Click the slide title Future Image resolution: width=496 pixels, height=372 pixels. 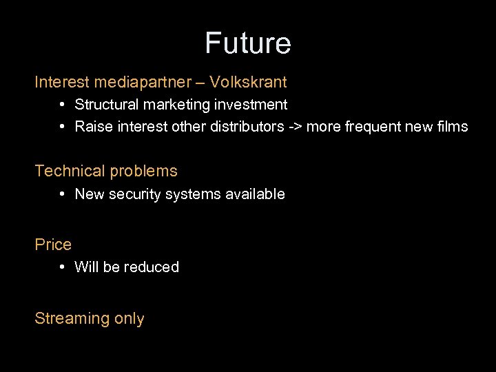[x=248, y=43]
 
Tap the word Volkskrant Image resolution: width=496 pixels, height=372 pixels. [x=248, y=83]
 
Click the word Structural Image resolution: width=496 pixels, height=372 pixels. [x=105, y=105]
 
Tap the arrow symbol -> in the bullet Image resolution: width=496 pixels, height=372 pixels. [x=294, y=127]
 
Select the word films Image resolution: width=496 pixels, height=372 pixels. [x=452, y=127]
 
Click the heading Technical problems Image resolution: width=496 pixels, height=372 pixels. [x=106, y=171]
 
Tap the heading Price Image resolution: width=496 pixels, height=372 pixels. [x=53, y=245]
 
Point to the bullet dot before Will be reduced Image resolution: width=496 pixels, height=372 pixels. [x=62, y=267]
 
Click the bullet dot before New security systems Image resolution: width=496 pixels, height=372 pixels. [x=62, y=194]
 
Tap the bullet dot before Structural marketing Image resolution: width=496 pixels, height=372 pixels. [x=62, y=104]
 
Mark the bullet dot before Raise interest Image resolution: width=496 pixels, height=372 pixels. [x=62, y=126]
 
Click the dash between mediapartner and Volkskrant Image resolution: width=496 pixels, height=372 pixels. [x=200, y=83]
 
